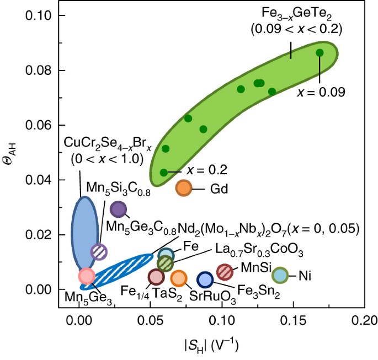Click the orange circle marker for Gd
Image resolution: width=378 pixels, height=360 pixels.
tap(183, 188)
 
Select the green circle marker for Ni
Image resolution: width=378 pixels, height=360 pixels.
tap(280, 275)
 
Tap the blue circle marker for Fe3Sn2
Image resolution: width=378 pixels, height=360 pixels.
tap(205, 280)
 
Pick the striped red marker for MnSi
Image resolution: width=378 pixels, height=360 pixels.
tap(224, 271)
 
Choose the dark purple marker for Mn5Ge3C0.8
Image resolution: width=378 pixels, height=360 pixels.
tap(119, 209)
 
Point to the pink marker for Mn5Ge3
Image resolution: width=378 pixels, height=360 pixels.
tap(87, 276)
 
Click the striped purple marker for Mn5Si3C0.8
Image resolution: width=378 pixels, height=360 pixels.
tap(99, 251)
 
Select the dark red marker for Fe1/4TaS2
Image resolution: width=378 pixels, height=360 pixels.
tap(156, 277)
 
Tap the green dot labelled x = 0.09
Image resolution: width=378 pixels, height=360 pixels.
tap(320, 53)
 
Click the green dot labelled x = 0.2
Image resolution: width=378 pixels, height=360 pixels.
tap(164, 173)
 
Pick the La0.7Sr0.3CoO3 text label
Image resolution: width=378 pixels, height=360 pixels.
tap(251, 252)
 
